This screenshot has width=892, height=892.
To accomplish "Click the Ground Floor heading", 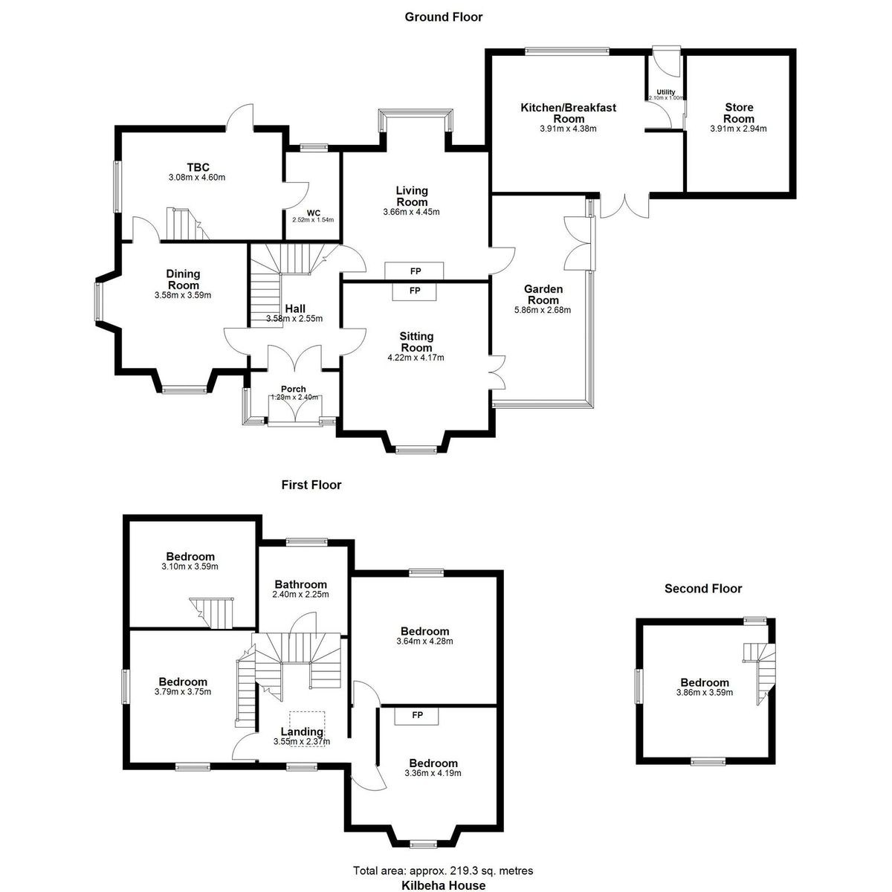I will [x=443, y=16].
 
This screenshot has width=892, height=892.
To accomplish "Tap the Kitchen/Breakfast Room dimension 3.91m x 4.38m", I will [x=569, y=129].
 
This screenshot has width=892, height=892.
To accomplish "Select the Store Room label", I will [x=738, y=114].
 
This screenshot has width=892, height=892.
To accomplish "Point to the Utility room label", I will [x=665, y=92].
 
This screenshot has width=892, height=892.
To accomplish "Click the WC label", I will [x=314, y=212].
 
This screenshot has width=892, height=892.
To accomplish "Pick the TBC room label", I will [x=198, y=167].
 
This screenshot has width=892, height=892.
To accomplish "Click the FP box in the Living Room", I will [x=414, y=270].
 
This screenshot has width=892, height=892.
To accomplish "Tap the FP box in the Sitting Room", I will [x=414, y=291].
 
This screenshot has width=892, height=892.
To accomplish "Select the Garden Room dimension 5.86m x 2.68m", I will [x=543, y=310].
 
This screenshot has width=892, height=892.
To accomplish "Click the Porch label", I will [x=293, y=389].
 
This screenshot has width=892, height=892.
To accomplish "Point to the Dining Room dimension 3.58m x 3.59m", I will [x=183, y=295].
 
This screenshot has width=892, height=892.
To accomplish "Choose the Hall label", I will [x=295, y=309].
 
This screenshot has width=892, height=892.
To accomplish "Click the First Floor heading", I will [x=311, y=485].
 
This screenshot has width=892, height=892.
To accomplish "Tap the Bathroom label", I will [x=301, y=584].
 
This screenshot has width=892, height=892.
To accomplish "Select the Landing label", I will [x=301, y=731].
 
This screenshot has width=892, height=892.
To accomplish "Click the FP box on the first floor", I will [x=417, y=715].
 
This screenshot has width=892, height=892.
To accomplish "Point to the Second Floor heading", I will [x=702, y=589].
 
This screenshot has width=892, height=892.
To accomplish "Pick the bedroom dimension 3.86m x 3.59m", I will [x=704, y=692].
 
